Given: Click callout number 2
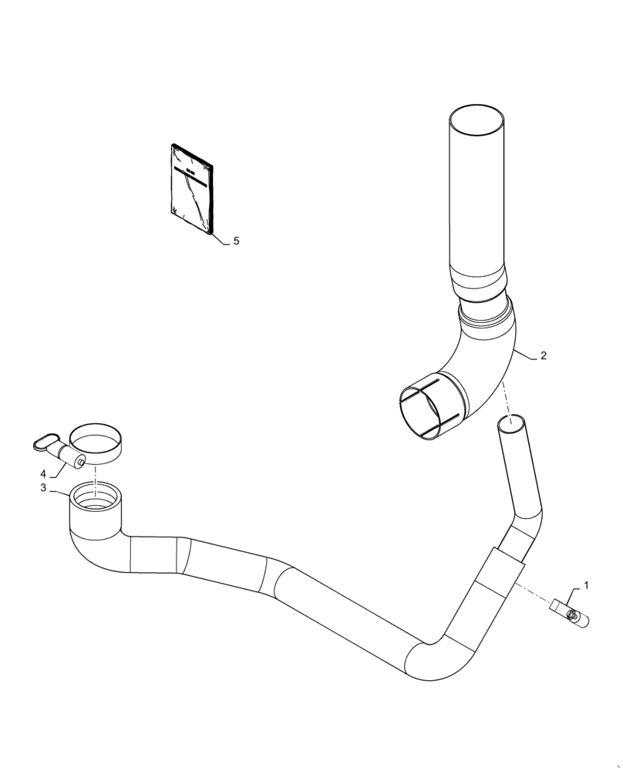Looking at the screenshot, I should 544,355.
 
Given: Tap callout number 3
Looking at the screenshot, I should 43,488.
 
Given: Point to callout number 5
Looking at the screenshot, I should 236,241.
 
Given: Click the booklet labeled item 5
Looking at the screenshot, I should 193,188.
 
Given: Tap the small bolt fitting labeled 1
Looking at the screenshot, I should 569,612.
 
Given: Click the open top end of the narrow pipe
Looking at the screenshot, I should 514,423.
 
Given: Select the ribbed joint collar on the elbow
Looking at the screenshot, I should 485,315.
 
